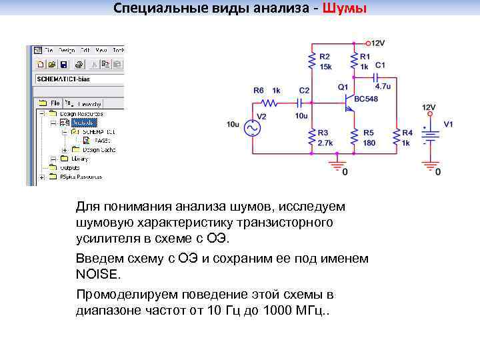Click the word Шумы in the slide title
(343, 9)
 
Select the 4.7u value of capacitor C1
(383, 86)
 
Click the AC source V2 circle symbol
(254, 128)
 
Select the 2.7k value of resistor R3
(326, 143)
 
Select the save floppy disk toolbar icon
(63, 65)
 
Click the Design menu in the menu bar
(67, 50)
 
